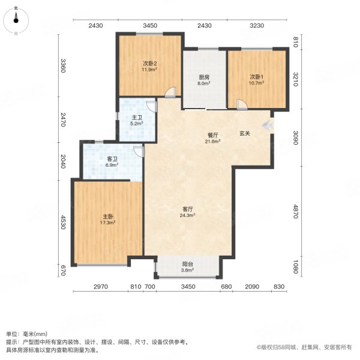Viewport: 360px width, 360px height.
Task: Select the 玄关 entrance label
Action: (245, 133)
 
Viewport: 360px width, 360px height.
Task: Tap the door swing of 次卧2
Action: (171, 93)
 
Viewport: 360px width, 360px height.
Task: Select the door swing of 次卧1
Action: (241, 104)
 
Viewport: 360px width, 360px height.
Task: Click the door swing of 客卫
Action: (138, 151)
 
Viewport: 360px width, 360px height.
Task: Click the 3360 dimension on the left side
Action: (62, 65)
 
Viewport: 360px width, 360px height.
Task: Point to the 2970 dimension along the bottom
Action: (100, 287)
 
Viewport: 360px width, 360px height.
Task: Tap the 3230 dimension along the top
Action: (257, 25)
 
